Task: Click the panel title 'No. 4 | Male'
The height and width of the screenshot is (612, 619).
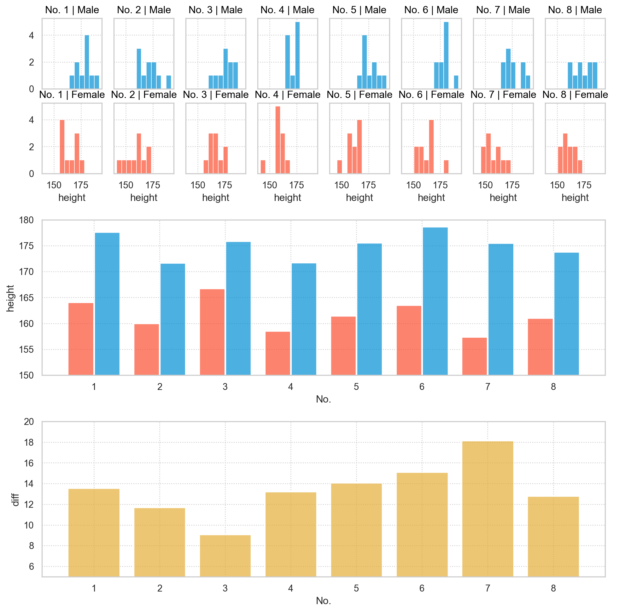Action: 287,10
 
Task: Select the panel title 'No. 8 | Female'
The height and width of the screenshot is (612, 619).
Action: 575,95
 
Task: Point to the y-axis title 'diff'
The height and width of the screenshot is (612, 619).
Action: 15,500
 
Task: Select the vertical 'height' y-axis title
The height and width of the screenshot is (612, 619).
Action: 10,298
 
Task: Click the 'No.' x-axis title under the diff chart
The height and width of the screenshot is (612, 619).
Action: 323,601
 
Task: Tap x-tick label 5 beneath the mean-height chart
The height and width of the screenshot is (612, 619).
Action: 356,387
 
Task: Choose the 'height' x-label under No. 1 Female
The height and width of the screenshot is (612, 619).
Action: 72,197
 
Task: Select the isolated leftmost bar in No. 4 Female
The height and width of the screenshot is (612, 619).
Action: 263,167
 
